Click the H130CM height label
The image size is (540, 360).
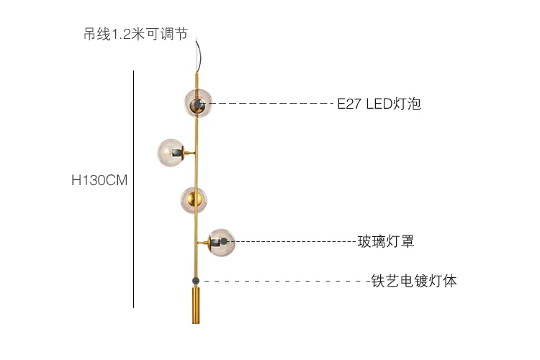tap(99, 181)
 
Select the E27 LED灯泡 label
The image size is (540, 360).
tap(379, 104)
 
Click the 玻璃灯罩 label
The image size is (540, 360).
tap(386, 241)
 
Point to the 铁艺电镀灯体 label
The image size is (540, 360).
tap(413, 281)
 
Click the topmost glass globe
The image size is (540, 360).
tap(197, 102)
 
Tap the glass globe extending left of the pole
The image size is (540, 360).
tap(171, 152)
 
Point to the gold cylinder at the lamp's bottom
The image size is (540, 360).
tap(196, 305)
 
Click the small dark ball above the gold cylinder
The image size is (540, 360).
tap(195, 280)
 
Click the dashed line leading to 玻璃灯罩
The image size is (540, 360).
tap(295, 241)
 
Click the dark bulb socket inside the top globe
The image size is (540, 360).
tap(195, 107)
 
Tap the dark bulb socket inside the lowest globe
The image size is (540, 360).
tap(225, 241)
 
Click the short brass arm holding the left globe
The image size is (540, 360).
tap(190, 153)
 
